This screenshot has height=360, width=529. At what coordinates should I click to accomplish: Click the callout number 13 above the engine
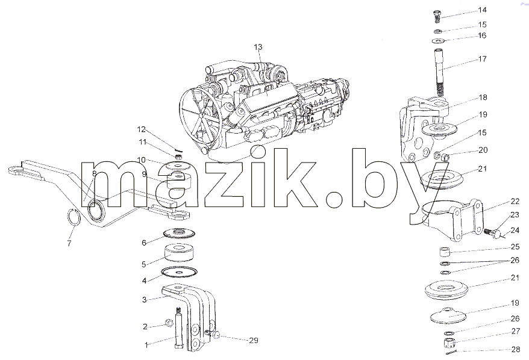(258, 47)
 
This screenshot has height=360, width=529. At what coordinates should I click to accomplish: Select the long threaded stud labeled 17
(439, 72)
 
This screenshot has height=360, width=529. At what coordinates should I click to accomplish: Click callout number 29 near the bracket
(254, 341)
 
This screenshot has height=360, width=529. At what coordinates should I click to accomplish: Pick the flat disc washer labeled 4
(179, 272)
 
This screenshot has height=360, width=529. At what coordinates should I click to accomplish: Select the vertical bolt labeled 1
(178, 329)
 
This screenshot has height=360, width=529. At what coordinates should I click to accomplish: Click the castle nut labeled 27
(449, 344)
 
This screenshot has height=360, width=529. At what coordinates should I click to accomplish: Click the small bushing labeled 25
(445, 252)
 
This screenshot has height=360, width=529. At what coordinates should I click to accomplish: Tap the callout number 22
(515, 201)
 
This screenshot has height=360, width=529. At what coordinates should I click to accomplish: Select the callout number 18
(483, 98)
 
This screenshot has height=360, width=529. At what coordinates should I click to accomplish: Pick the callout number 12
(141, 129)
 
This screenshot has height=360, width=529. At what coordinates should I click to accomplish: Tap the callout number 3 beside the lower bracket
(145, 299)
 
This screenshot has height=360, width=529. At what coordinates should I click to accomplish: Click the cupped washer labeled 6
(179, 233)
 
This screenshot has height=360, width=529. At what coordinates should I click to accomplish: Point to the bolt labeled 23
(492, 232)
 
